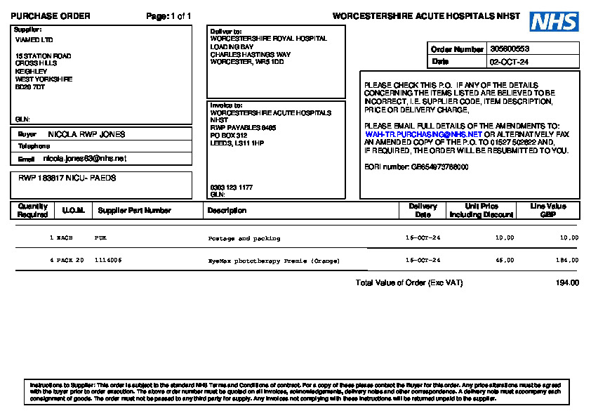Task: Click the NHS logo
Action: click(x=554, y=21)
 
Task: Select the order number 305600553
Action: click(x=510, y=49)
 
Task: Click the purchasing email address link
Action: click(x=423, y=133)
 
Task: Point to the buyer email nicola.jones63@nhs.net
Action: click(x=85, y=159)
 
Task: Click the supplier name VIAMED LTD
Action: click(x=34, y=40)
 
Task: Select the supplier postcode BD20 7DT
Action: click(x=30, y=87)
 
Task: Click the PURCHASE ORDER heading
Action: click(x=51, y=16)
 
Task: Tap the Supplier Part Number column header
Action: click(x=134, y=210)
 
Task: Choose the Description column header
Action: click(x=227, y=210)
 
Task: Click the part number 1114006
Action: click(x=108, y=260)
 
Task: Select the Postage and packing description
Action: click(x=244, y=239)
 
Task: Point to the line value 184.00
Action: click(x=567, y=260)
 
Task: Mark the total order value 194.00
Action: click(x=567, y=283)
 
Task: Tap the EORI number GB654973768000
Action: click(x=439, y=167)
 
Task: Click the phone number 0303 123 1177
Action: click(x=232, y=188)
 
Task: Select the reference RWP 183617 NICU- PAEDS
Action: click(x=67, y=178)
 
